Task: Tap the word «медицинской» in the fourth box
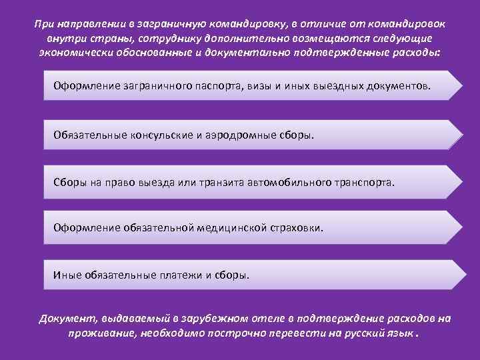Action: click(235, 228)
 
